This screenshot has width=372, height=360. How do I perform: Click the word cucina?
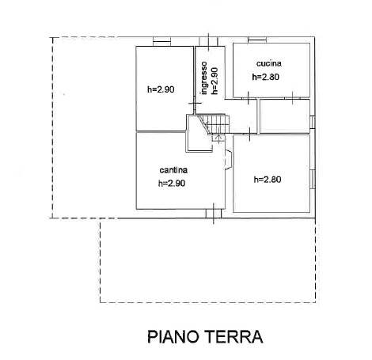pos(269,63)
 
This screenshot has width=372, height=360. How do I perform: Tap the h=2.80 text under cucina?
pos(266,77)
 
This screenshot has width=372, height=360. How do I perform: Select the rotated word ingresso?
pos(204,78)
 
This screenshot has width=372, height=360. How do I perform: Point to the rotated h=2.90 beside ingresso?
pos(214,81)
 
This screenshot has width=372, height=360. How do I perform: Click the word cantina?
pos(173,170)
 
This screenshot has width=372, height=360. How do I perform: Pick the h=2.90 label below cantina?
pos(172,183)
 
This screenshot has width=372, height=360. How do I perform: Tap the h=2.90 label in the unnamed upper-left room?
pos(161,89)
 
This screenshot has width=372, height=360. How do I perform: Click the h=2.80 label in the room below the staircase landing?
pos(268,180)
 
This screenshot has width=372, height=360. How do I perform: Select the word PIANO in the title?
pos(173,336)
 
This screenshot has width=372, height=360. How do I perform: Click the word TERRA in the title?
pos(233,336)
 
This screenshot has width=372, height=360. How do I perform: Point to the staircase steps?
pos(214,123)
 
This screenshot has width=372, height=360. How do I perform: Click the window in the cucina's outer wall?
pos(257,40)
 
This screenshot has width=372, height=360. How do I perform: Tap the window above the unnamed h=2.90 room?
pos(162,41)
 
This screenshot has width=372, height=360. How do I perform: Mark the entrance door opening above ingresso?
pos(208,41)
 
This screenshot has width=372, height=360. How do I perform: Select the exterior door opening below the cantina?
pos(214,214)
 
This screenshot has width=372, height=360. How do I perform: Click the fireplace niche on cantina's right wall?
pos(228,159)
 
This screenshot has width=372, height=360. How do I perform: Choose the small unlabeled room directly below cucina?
pos(285,116)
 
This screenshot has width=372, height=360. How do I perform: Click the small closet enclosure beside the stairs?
pos(199,133)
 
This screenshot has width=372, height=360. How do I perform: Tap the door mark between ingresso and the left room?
pos(195,104)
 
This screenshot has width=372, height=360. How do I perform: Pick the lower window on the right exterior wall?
pos(313,179)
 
